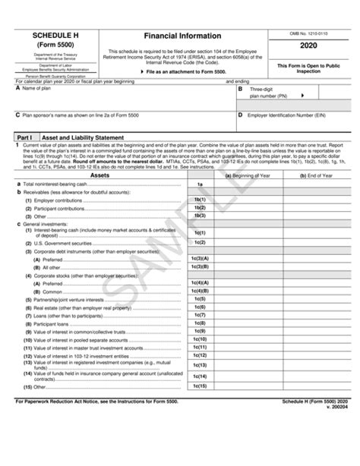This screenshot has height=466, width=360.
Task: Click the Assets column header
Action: coord(99,175)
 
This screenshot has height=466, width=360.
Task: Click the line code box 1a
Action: coord(200,184)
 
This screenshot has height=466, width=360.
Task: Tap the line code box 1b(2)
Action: coord(200,207)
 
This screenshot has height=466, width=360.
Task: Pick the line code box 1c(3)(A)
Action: coord(200,259)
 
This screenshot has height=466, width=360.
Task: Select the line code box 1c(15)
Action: coord(200,386)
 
